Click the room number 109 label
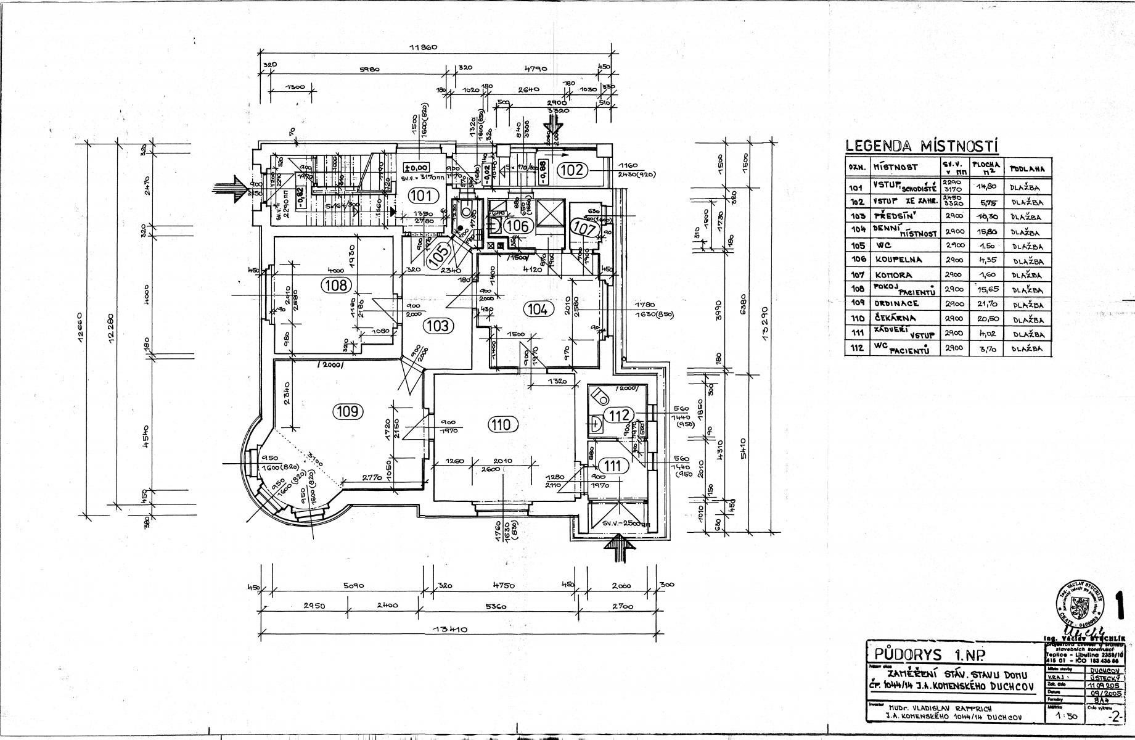pyautogui.click(x=348, y=411)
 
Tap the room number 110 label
pyautogui.click(x=502, y=424)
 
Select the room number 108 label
pyautogui.click(x=336, y=285)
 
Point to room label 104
pyautogui.click(x=538, y=309)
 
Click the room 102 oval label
pyautogui.click(x=572, y=169)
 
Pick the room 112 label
pyautogui.click(x=619, y=416)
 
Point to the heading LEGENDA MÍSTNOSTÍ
pyautogui.click(x=922, y=146)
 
